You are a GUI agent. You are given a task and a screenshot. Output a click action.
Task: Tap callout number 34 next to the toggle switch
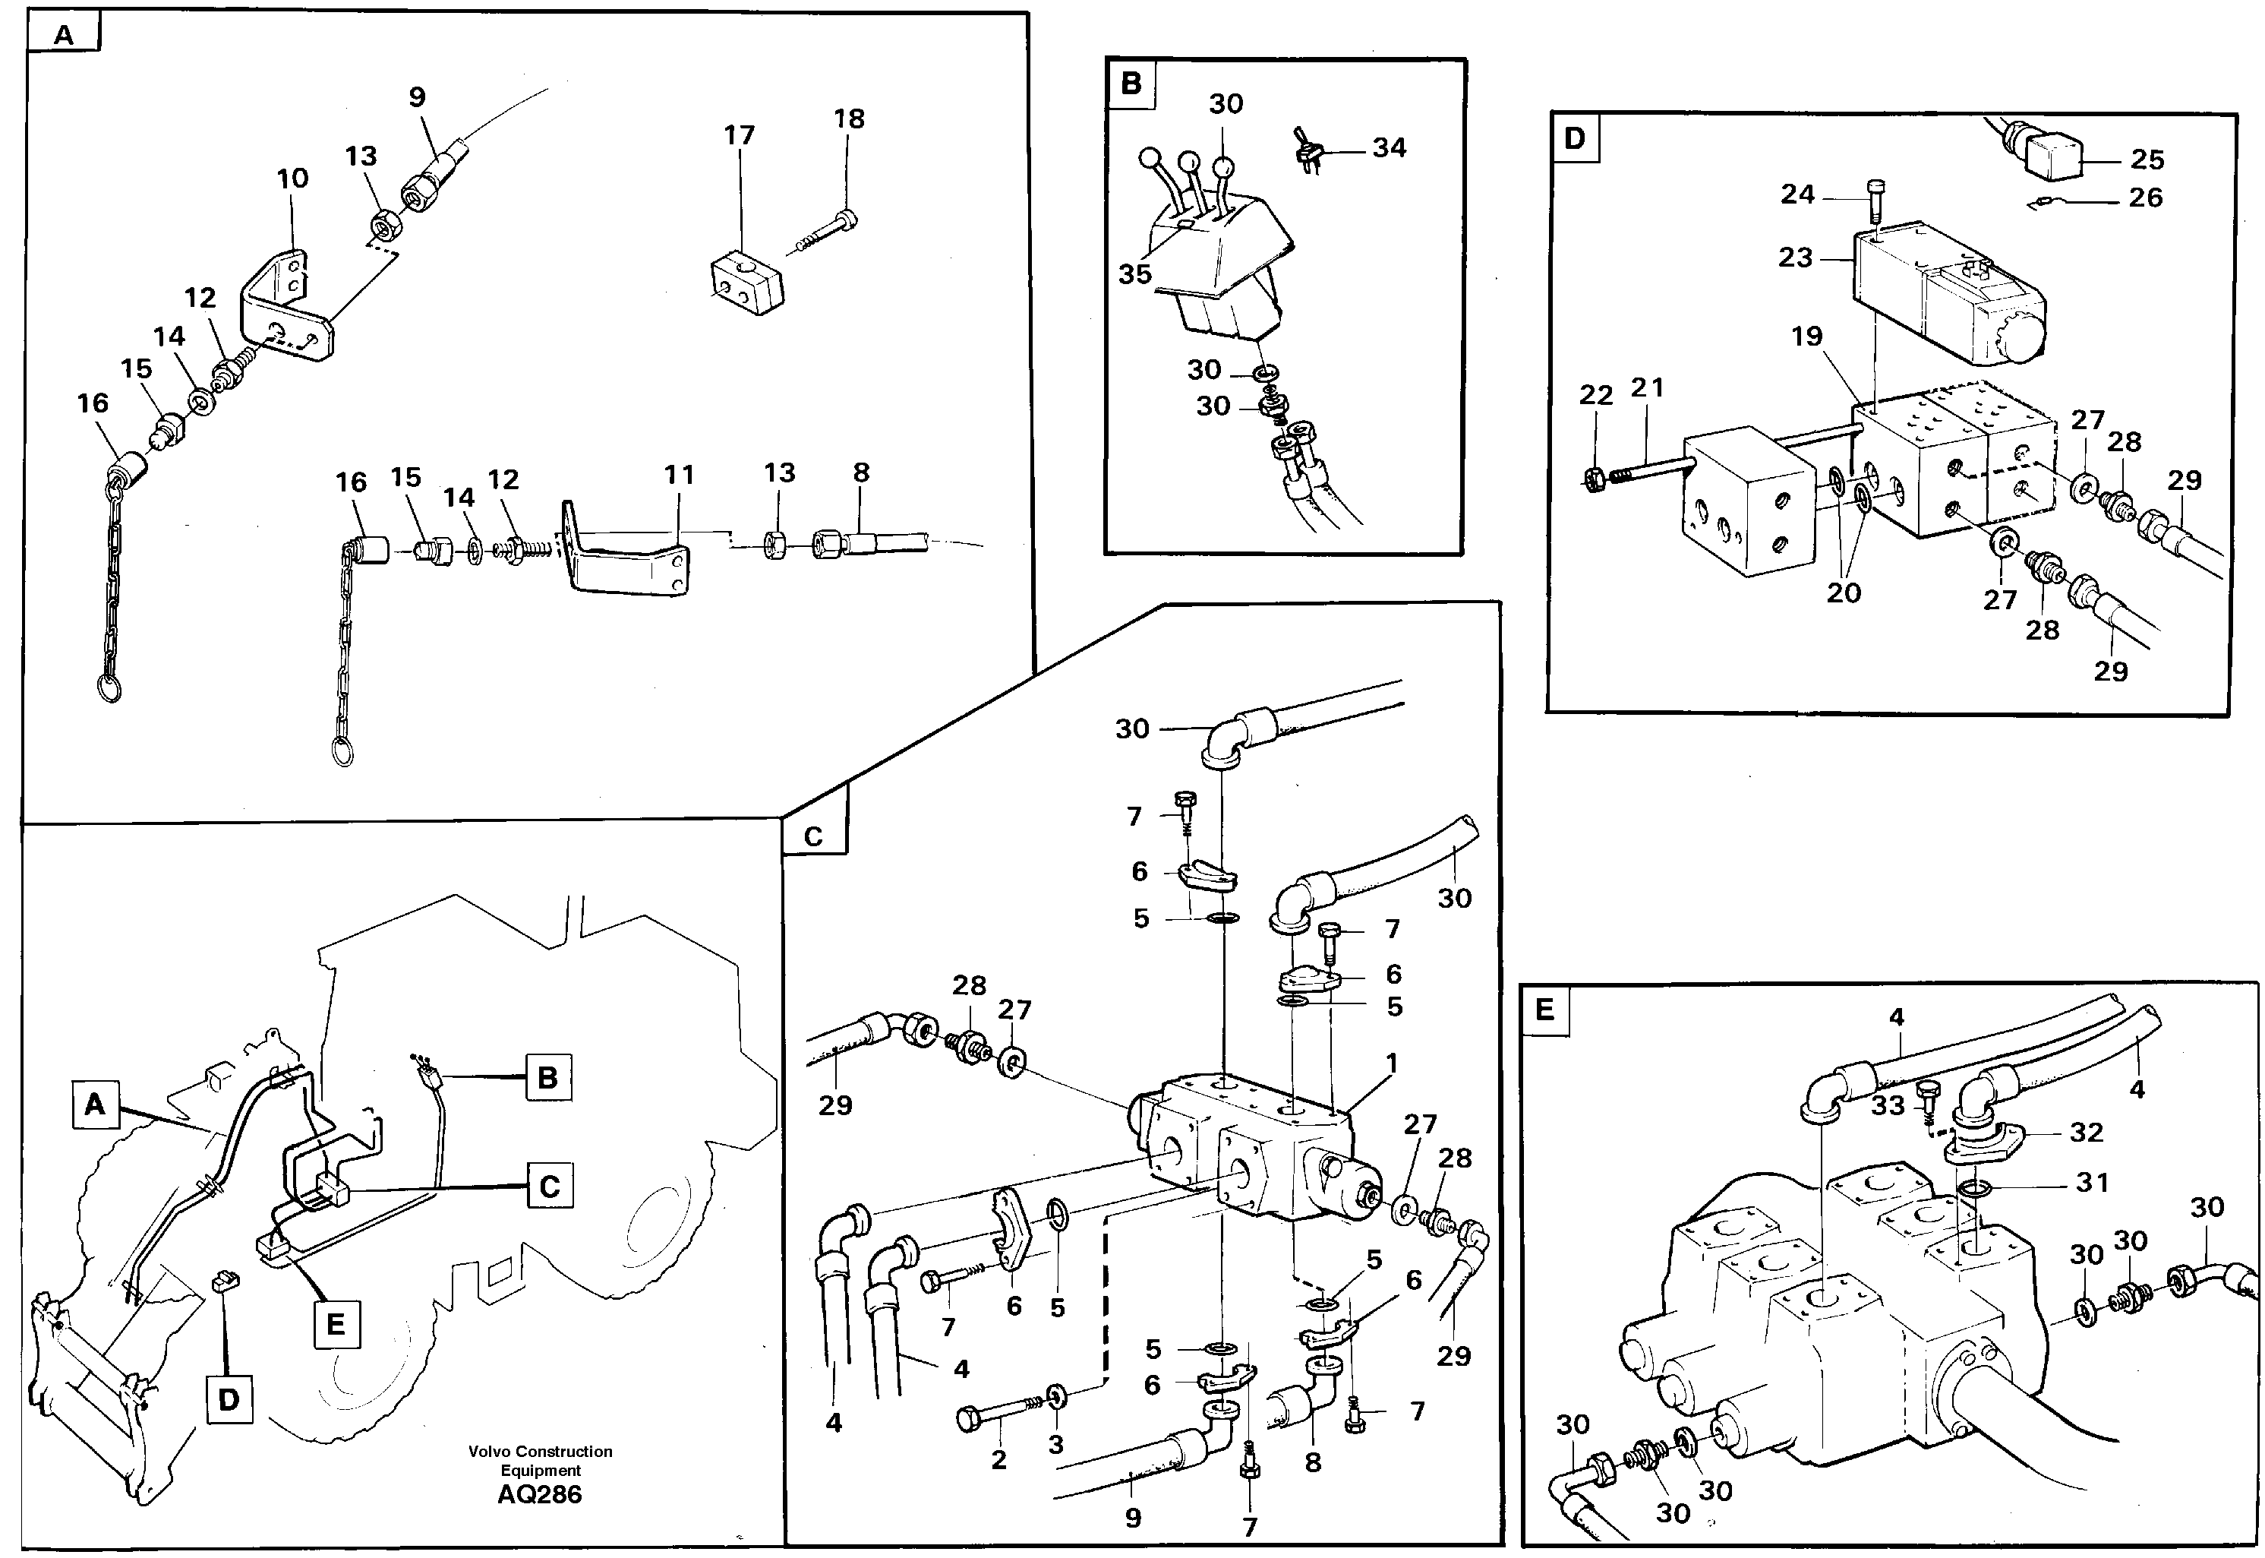(x=1389, y=147)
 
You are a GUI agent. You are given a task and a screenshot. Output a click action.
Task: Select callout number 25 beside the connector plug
(x=2147, y=159)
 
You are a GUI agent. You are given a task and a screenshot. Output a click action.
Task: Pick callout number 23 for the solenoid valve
(x=1795, y=257)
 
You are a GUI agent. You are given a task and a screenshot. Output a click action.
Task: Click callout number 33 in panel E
(x=1888, y=1105)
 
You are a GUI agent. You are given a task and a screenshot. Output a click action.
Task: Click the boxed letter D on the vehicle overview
(x=229, y=1400)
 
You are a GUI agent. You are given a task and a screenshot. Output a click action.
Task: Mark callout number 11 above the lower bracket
(x=680, y=475)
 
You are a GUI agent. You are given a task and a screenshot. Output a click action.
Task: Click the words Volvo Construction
(x=540, y=1452)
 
